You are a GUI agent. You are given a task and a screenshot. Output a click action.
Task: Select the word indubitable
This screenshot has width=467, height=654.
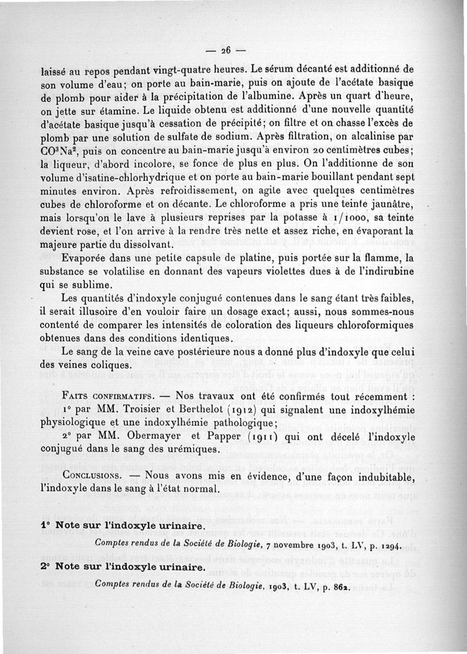384,476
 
